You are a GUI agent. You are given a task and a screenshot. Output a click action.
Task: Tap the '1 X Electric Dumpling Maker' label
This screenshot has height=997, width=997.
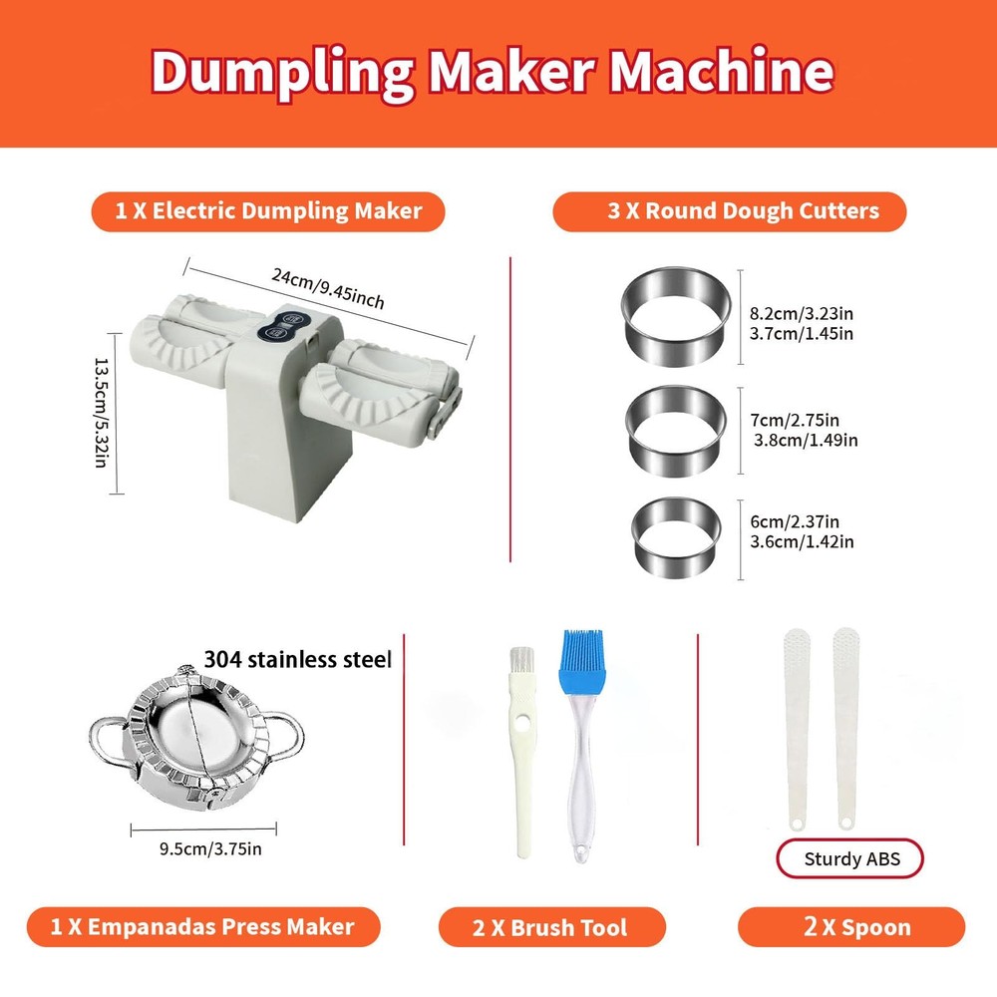click(x=267, y=211)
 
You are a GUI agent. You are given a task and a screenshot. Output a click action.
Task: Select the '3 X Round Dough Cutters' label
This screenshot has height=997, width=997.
click(x=729, y=211)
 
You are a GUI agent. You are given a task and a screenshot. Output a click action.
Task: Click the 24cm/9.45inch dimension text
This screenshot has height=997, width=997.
click(x=328, y=289)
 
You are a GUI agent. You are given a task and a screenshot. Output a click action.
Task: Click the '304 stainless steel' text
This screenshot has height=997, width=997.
click(x=297, y=659)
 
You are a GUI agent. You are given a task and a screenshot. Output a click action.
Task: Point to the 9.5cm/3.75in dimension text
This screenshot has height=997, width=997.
click(x=211, y=848)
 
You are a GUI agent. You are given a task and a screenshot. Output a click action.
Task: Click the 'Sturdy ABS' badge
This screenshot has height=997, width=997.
click(x=849, y=858)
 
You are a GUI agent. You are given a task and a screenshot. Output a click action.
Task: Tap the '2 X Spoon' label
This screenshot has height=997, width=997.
click(x=850, y=927)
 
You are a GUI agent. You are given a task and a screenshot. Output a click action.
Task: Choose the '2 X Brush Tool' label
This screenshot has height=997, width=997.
click(x=550, y=927)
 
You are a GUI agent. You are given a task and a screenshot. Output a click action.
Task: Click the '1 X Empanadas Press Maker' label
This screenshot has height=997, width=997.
click(x=203, y=927)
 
